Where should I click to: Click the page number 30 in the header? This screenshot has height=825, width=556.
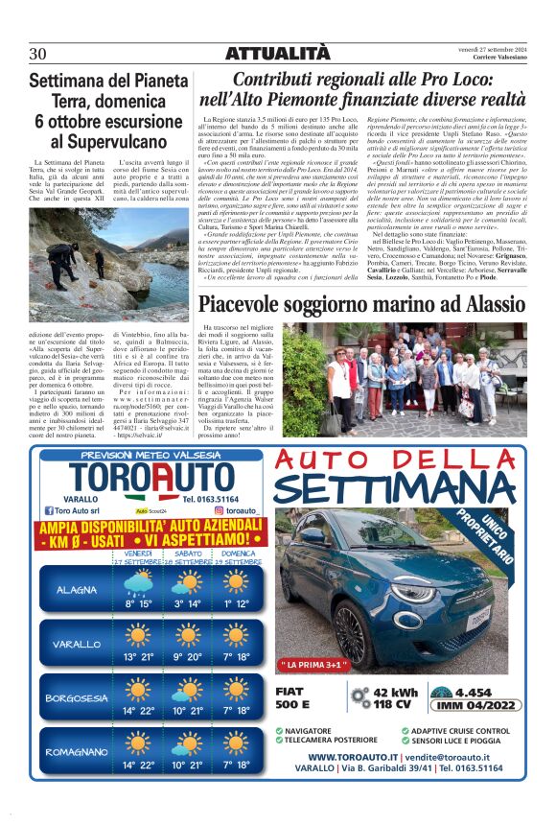(39, 53)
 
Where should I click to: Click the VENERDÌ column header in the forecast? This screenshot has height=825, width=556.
(136, 554)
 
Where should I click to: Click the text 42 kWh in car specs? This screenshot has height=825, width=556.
(394, 692)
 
